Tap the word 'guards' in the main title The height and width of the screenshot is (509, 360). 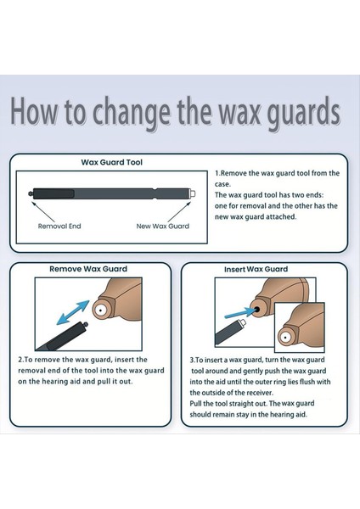coord(307,114)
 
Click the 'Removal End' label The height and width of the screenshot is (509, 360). coord(59,227)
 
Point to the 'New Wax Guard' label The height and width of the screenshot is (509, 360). coord(163,227)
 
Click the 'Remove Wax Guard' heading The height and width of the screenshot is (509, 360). coord(88,269)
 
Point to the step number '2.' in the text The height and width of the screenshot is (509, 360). coord(21,360)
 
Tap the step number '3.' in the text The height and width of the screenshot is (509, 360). coord(193,360)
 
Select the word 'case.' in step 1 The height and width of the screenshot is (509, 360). coord(222,184)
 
